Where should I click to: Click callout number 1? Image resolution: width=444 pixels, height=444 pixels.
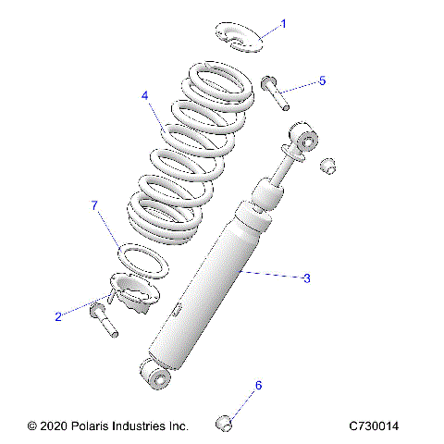coord(283,23)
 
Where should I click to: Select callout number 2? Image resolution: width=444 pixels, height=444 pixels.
coord(58,316)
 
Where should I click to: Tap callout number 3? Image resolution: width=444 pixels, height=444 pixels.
coord(307,277)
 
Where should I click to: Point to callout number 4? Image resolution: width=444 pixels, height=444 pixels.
coord(145,95)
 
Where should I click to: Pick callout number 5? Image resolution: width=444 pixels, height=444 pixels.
coord(322,80)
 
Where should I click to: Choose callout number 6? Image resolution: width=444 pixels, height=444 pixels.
coord(259,385)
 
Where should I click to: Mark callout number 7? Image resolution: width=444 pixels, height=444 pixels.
coord(93,203)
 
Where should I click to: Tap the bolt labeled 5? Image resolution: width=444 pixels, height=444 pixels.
coord(276,92)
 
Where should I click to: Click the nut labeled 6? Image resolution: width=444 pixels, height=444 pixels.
coord(223,423)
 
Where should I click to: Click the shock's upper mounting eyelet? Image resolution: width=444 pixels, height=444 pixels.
coord(304,140)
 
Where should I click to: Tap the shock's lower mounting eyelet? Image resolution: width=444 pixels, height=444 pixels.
coord(156,375)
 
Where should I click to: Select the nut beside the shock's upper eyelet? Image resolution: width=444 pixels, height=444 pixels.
coord(327,166)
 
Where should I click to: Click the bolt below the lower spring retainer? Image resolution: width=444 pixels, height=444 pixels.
coord(101,322)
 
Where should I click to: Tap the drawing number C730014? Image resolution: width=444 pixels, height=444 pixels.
coord(374,426)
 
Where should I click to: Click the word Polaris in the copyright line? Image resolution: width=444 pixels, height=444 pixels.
coord(96,426)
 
